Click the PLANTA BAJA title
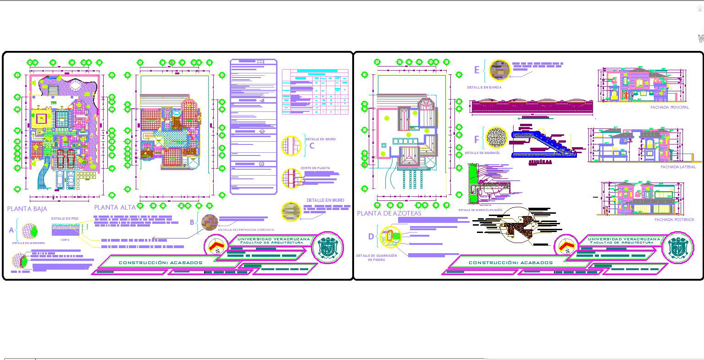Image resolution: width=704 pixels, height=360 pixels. [27, 209]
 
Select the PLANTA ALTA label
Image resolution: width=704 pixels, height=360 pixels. [115, 207]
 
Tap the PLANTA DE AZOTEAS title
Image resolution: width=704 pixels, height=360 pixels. [389, 213]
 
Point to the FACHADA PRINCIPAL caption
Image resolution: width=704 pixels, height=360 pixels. [669, 107]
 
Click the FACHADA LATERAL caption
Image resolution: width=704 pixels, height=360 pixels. [678, 167]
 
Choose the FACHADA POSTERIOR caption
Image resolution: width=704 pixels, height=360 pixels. [674, 220]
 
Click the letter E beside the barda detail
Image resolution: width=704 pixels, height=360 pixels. [477, 70]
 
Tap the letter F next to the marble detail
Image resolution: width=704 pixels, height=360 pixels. [477, 139]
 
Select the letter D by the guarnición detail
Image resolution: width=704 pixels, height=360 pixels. [371, 237]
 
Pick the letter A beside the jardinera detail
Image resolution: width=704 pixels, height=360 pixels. [11, 230]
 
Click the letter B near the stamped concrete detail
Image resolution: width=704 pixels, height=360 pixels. [192, 222]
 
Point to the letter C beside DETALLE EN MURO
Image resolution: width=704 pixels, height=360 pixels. [312, 146]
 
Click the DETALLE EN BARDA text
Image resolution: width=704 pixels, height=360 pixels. [484, 87]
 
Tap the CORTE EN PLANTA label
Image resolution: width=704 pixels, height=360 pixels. [315, 168]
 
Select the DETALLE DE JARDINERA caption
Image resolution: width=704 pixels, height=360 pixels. [28, 243]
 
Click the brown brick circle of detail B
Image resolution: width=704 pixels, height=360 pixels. [210, 222]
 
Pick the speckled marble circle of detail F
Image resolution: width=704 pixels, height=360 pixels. [496, 137]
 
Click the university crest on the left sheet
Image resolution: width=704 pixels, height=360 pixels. [327, 248]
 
